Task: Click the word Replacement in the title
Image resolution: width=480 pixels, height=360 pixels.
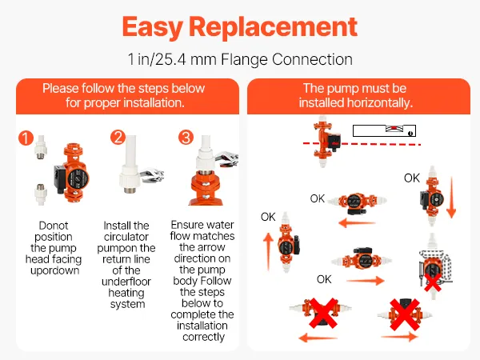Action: click(273, 26)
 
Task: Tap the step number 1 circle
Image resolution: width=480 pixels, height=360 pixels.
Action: click(26, 138)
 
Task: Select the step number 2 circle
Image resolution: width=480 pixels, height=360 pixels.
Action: click(118, 137)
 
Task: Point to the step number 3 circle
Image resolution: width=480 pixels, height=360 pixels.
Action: click(186, 137)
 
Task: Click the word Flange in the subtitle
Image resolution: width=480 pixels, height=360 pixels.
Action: click(244, 59)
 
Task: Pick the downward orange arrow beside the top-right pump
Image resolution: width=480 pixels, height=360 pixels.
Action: click(451, 198)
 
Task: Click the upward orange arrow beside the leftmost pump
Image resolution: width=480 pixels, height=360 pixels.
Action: click(268, 251)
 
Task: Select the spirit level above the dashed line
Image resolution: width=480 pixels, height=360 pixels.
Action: click(384, 130)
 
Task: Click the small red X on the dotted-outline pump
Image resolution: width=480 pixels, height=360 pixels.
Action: click(433, 282)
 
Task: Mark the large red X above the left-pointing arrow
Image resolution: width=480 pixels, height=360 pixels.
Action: click(323, 313)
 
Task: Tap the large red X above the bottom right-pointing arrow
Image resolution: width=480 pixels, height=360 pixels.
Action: click(405, 314)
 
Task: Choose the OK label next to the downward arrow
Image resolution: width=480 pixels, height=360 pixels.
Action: click(412, 178)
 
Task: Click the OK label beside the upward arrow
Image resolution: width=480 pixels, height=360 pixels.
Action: click(268, 217)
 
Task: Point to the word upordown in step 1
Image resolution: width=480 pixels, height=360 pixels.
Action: click(54, 271)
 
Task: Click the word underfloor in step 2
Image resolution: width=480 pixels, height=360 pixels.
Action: click(126, 282)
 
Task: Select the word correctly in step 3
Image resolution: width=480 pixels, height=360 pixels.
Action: click(203, 337)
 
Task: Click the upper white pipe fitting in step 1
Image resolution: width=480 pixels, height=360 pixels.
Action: click(41, 147)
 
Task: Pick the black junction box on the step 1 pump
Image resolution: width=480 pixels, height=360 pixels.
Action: click(59, 178)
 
